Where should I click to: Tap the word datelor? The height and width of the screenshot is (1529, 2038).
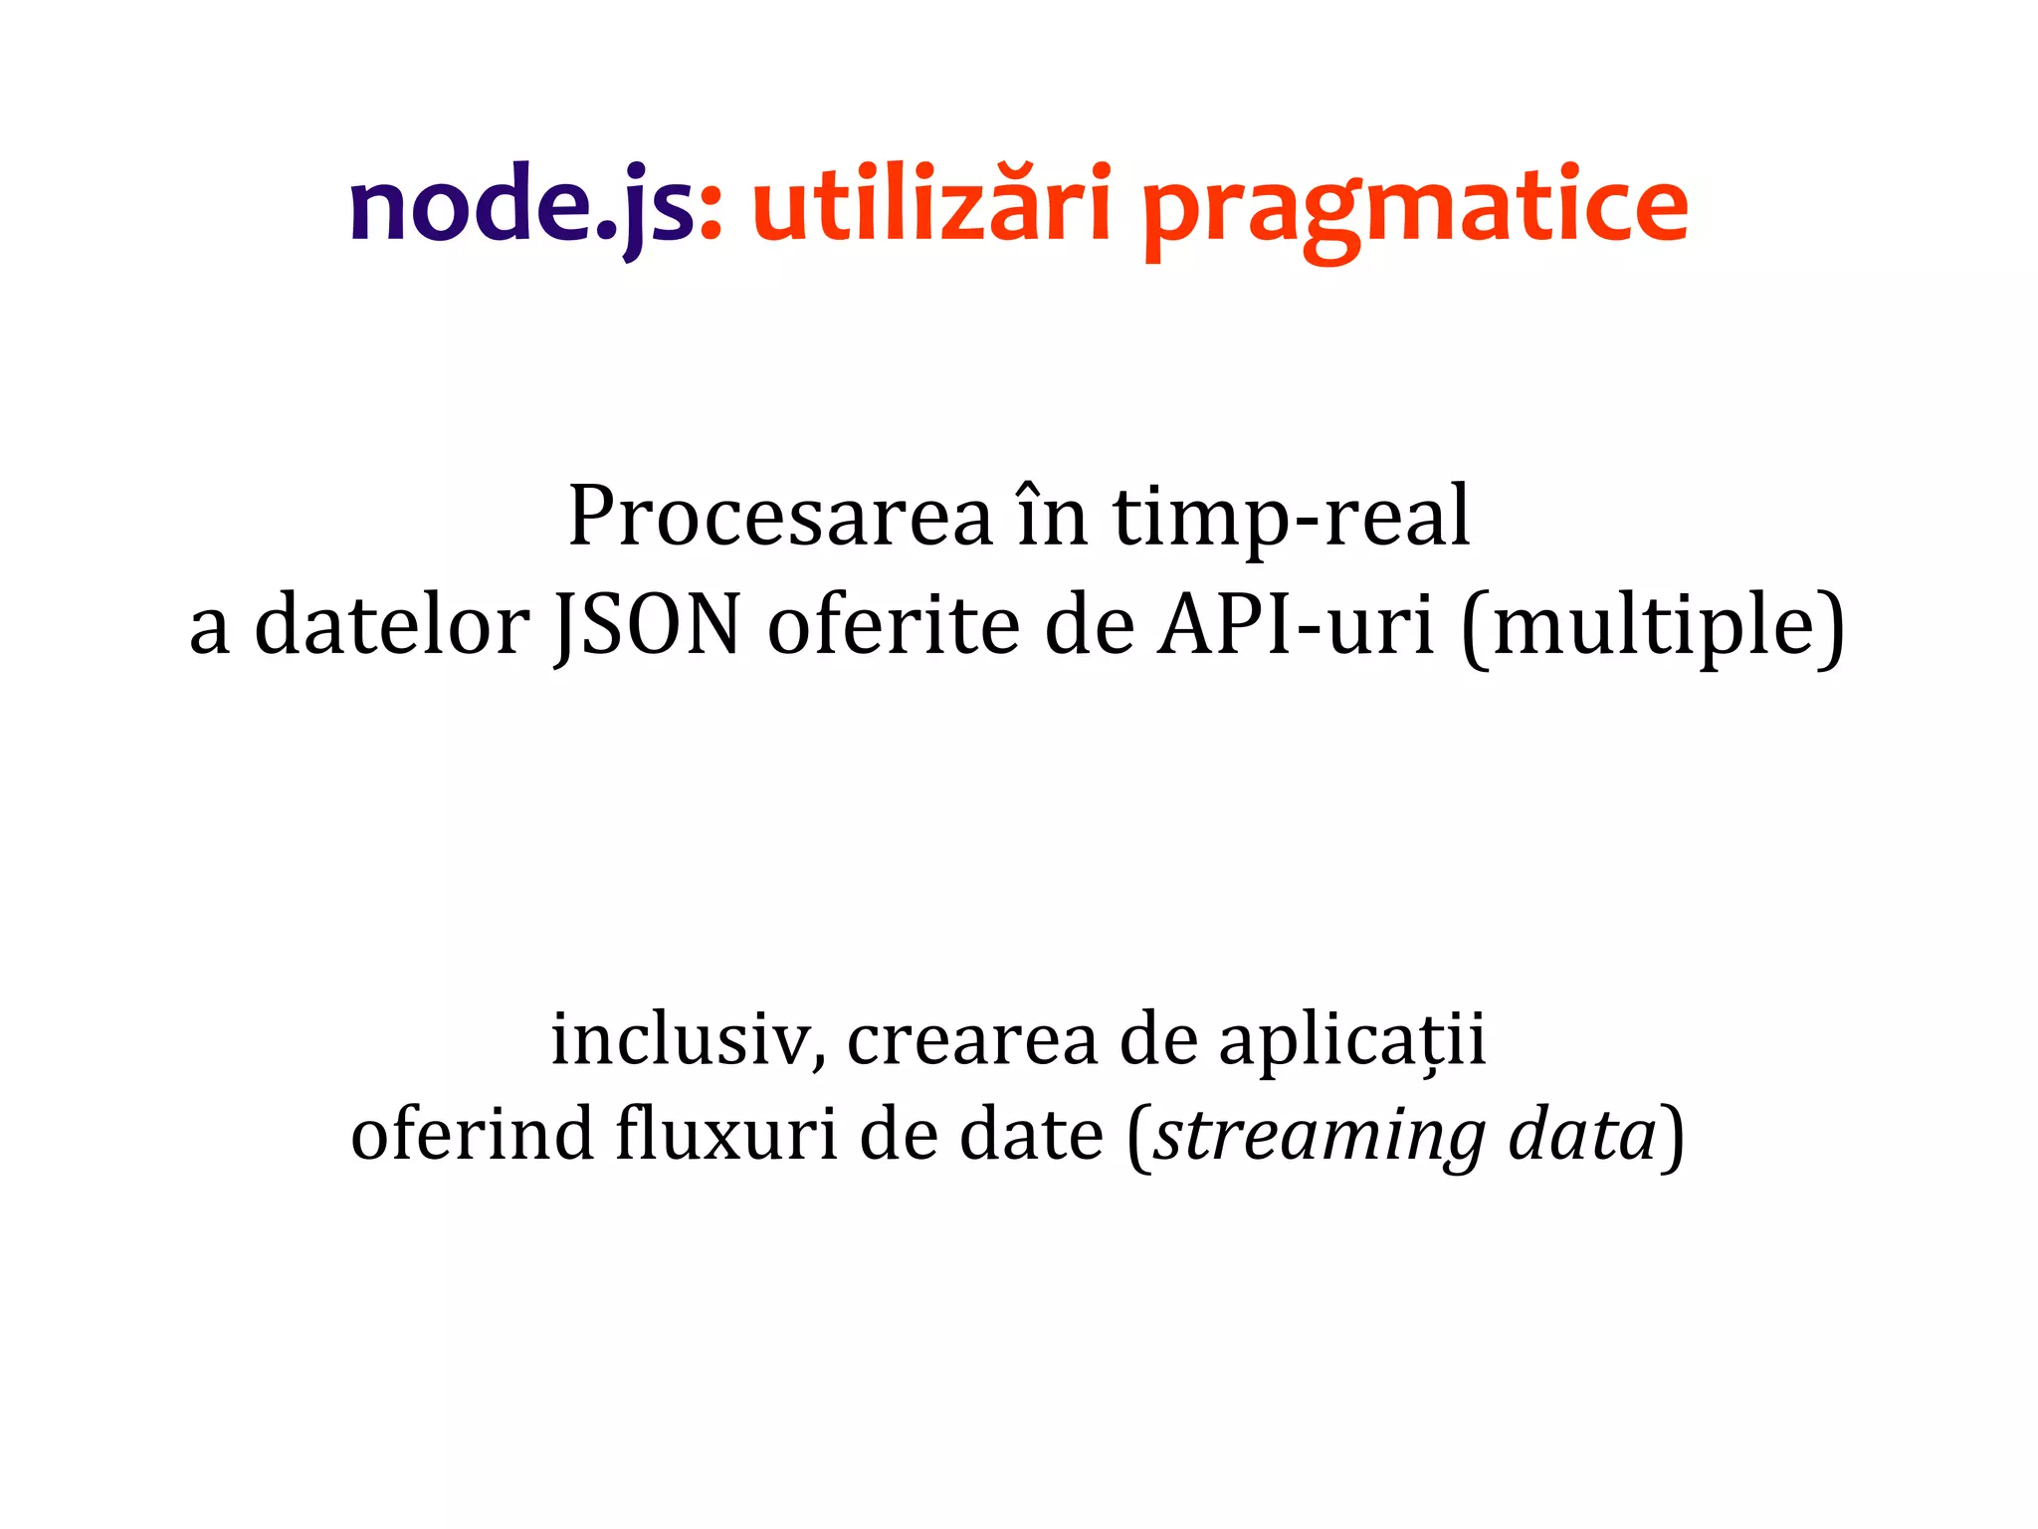392,625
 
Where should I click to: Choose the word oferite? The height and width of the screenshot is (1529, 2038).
894,625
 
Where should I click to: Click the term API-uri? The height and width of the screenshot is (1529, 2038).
1296,625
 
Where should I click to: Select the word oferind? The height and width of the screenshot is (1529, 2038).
472,1135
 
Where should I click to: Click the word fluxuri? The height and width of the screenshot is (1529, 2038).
726,1135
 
